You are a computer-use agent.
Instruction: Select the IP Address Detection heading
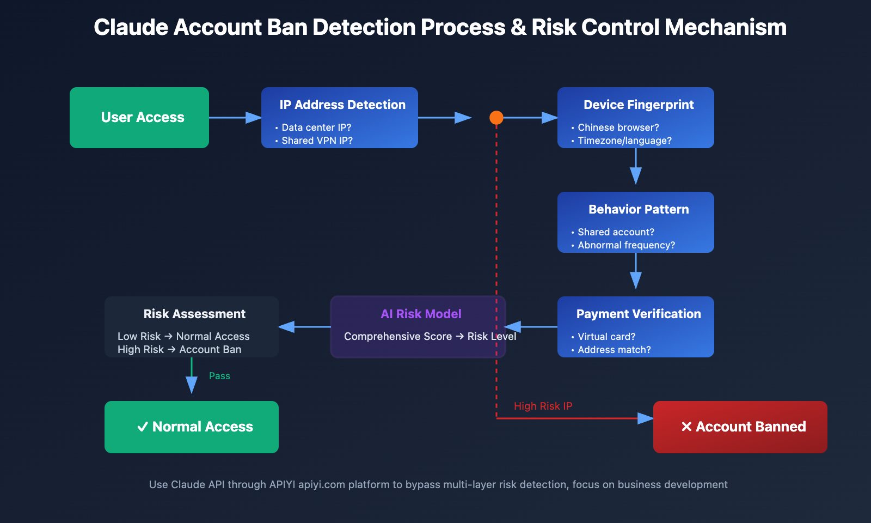click(x=342, y=105)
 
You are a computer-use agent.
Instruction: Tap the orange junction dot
click(x=496, y=117)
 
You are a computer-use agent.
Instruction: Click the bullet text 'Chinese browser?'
click(x=618, y=127)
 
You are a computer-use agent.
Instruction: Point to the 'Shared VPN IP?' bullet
click(x=317, y=141)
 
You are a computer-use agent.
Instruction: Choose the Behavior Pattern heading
click(x=639, y=209)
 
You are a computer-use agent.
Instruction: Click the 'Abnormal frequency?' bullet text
click(x=626, y=245)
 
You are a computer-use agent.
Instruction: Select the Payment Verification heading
click(x=639, y=314)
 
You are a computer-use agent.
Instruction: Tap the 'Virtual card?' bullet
click(x=606, y=337)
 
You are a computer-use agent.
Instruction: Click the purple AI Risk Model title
click(x=421, y=314)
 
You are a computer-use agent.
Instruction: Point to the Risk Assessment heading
click(x=194, y=314)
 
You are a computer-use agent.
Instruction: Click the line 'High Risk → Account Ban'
click(x=179, y=350)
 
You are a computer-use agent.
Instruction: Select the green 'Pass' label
click(x=219, y=376)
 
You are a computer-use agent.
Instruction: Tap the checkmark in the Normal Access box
click(x=143, y=427)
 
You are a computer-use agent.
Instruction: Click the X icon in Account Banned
click(x=686, y=427)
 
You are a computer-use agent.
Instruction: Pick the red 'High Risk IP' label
click(x=543, y=406)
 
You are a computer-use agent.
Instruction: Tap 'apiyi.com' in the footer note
click(x=321, y=484)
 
